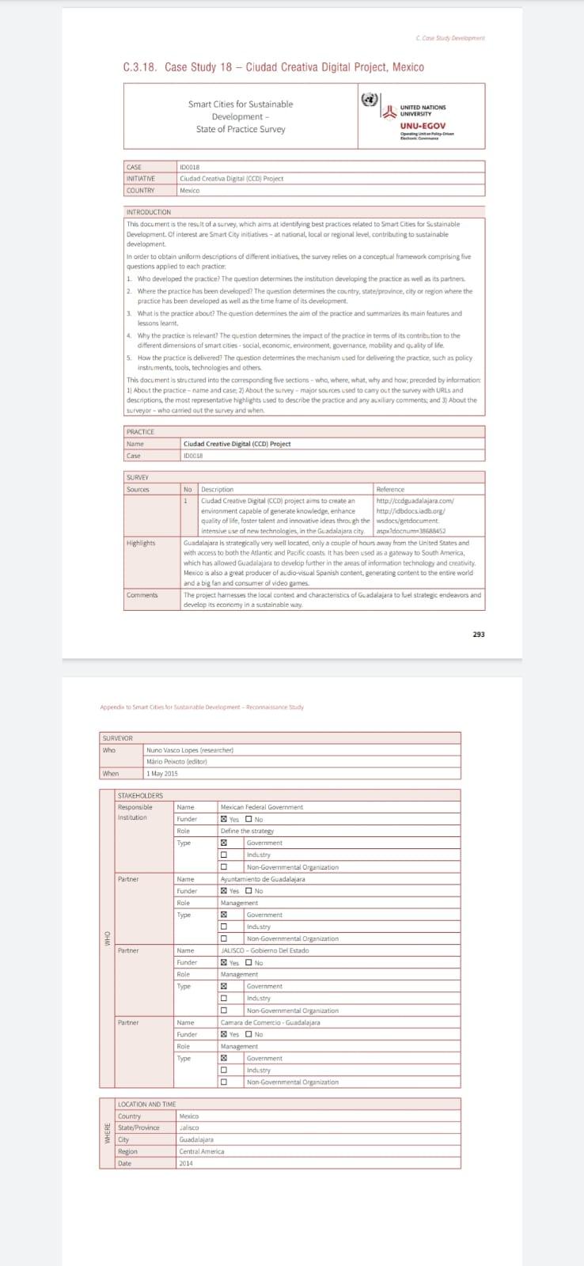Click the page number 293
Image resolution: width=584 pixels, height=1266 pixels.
click(x=478, y=634)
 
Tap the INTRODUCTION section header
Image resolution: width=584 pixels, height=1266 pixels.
click(x=148, y=212)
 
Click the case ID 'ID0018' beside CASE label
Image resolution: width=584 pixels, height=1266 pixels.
click(x=190, y=167)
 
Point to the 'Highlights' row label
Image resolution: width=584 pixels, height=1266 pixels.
click(x=141, y=543)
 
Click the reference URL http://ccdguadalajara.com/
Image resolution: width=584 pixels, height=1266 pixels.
click(x=415, y=500)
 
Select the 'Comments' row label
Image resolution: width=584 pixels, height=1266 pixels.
click(x=142, y=595)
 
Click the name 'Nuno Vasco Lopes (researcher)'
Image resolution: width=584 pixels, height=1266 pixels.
click(x=189, y=749)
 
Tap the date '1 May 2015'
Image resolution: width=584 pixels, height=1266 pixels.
click(x=162, y=773)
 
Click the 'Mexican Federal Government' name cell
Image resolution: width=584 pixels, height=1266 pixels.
click(x=261, y=807)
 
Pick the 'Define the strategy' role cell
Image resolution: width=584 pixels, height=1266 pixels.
click(x=247, y=831)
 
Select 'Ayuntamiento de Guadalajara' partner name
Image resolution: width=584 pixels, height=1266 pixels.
click(x=262, y=879)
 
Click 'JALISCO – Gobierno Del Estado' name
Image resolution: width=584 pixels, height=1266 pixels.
click(x=264, y=950)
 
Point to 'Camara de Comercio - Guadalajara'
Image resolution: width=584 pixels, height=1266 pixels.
click(x=270, y=1022)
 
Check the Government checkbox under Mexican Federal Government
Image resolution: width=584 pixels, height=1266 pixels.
click(x=224, y=843)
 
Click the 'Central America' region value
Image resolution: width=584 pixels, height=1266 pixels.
click(x=201, y=1151)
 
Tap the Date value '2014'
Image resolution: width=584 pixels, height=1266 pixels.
click(x=186, y=1163)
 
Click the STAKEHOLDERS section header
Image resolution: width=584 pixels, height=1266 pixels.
click(x=140, y=795)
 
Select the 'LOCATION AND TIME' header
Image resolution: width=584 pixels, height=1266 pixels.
click(x=146, y=1104)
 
